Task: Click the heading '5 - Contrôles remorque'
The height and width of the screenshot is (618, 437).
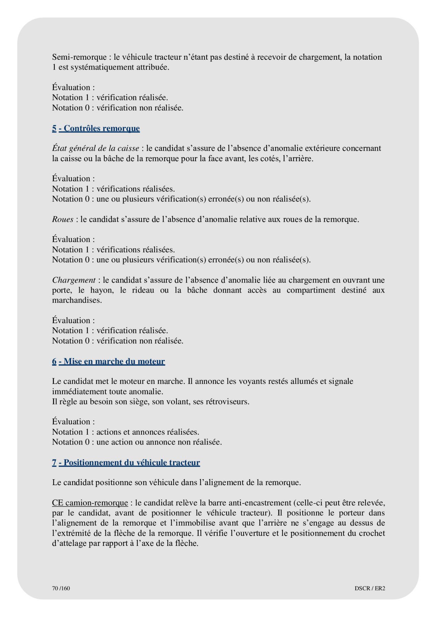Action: (x=96, y=128)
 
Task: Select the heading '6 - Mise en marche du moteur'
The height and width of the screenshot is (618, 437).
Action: (x=109, y=361)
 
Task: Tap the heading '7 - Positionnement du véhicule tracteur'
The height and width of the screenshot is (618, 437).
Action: (x=126, y=462)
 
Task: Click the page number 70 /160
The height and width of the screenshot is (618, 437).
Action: (x=61, y=588)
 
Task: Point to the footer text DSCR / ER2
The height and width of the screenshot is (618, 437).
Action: (x=370, y=588)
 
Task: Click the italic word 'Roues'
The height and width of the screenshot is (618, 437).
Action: (x=63, y=219)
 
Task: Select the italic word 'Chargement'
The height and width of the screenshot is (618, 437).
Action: (x=74, y=280)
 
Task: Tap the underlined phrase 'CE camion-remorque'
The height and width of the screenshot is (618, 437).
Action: (x=90, y=503)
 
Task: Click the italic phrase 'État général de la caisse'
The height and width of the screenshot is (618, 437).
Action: (x=96, y=148)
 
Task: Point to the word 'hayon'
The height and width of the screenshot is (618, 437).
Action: (x=101, y=290)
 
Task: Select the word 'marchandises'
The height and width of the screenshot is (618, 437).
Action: (x=77, y=300)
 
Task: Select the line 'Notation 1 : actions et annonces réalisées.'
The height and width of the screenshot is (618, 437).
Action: (x=125, y=432)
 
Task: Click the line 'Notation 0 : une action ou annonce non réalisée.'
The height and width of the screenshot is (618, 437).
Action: (x=137, y=442)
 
